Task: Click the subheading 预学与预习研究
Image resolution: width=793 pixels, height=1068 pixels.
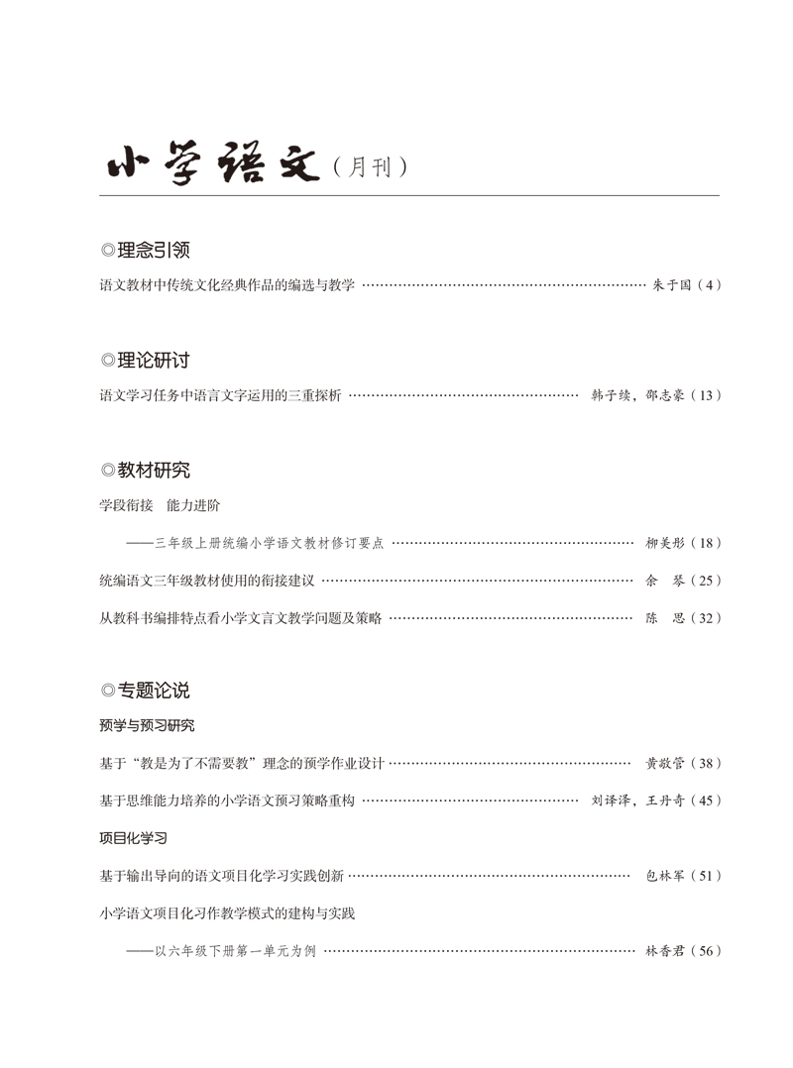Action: tap(147, 725)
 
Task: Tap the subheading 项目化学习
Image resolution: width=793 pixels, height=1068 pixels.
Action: tap(133, 838)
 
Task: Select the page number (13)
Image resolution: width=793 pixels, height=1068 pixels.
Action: tap(706, 395)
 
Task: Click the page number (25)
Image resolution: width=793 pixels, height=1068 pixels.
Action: tap(706, 581)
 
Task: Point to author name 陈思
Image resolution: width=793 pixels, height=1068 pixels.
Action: tap(664, 618)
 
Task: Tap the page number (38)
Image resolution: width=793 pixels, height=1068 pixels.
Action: tap(706, 763)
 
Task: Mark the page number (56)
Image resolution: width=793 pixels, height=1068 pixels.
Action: tap(706, 951)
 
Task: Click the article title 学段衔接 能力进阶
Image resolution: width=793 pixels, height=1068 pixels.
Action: tap(160, 505)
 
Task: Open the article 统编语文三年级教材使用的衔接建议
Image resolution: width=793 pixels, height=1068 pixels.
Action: tap(207, 581)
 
